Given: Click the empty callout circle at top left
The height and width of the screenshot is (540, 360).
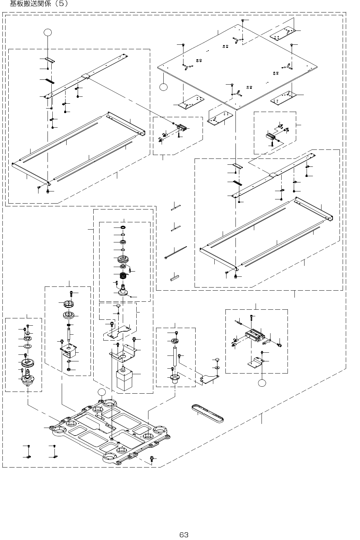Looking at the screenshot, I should coord(48,32).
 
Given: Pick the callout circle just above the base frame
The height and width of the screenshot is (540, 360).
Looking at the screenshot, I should coord(102,392).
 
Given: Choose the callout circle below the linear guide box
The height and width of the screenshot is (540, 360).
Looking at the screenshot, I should coord(262,383).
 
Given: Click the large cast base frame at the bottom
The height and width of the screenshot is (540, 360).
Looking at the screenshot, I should coord(111,432).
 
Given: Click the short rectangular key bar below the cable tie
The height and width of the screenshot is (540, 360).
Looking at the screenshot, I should coord(174,277).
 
